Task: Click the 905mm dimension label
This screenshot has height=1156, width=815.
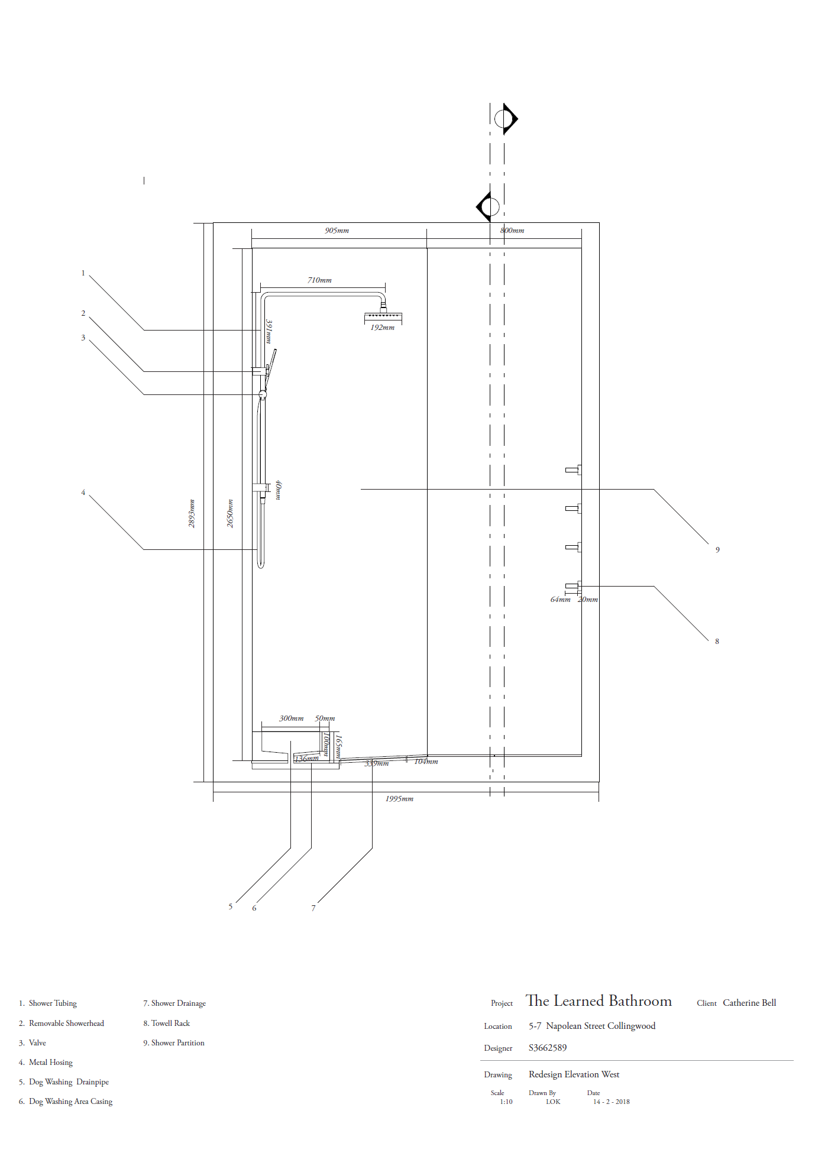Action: pos(337,231)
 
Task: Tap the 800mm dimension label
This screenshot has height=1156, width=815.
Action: pos(512,231)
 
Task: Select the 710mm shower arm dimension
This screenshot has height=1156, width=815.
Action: pos(319,280)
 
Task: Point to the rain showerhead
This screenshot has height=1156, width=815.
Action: pos(383,318)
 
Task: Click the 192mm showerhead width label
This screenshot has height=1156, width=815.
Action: pos(382,328)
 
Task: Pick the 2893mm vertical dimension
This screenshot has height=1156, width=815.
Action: pos(192,513)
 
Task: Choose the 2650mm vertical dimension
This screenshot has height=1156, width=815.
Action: pos(230,513)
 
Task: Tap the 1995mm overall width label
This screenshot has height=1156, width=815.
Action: pos(399,799)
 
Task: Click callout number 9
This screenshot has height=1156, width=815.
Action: pos(717,550)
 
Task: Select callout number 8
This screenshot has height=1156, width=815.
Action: pos(717,642)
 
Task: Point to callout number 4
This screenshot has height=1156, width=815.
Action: pos(83,493)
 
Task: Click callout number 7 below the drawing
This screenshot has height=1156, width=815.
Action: pos(313,908)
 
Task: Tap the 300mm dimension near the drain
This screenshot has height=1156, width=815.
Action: pos(291,718)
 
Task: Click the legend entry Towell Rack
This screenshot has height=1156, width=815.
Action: pos(167,1024)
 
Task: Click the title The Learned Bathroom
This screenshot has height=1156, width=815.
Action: pos(599,1001)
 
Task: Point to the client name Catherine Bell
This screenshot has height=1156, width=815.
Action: pos(749,1003)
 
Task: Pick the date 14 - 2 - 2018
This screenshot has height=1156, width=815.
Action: pos(611,1102)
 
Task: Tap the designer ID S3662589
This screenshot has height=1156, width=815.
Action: pos(548,1048)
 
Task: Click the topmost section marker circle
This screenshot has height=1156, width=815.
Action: pos(504,119)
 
